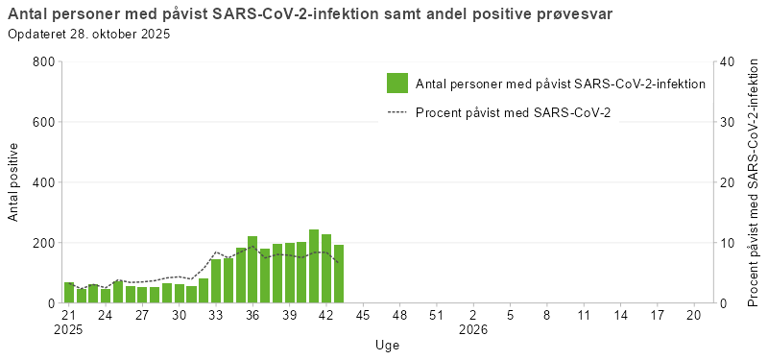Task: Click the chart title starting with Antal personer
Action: pos(310,14)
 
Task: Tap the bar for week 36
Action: pos(252,270)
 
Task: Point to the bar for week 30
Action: pos(180,294)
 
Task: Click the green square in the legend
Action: pos(397,84)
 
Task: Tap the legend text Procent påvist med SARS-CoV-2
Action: pos(514,112)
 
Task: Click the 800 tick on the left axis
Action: pos(42,62)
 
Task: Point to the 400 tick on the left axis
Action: pos(42,182)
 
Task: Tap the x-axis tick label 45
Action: pos(363,314)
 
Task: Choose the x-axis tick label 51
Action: pos(436,314)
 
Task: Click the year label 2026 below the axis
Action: pos(473,329)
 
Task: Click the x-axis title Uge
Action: pos(387,345)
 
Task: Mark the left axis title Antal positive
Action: pos(13,182)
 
